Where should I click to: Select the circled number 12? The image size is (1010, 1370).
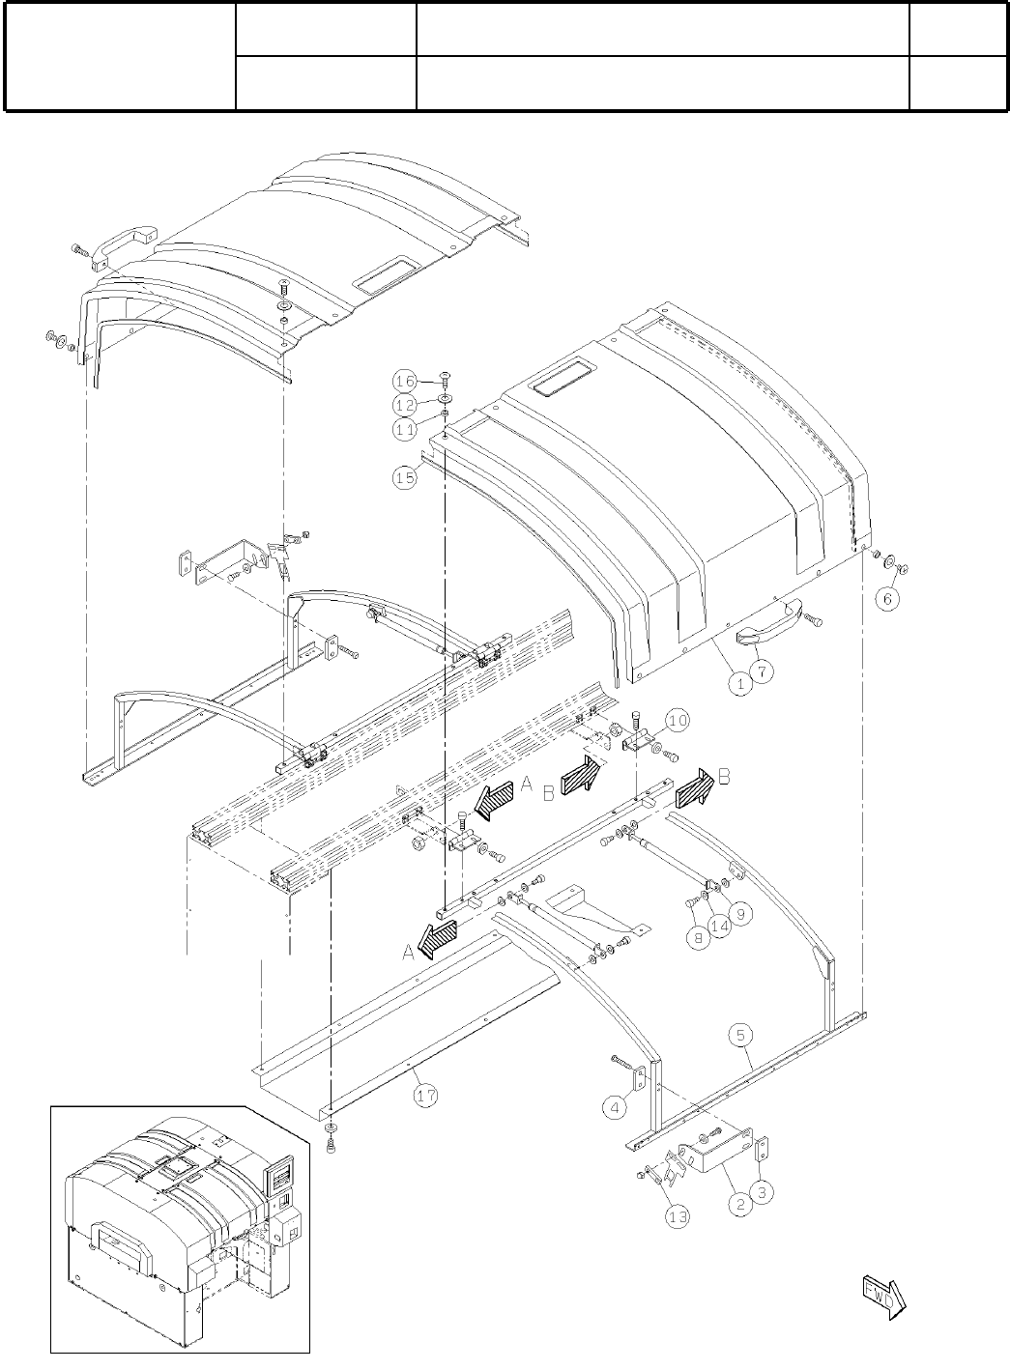point(404,404)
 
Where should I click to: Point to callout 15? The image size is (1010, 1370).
point(404,475)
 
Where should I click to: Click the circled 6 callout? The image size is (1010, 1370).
point(888,598)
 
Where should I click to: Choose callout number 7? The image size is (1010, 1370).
point(761,670)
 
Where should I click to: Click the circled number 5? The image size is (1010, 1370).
point(740,1036)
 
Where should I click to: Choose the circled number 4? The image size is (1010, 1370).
point(616,1107)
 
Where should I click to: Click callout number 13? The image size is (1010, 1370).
point(678,1216)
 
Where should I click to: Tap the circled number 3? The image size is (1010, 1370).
point(762,1192)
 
